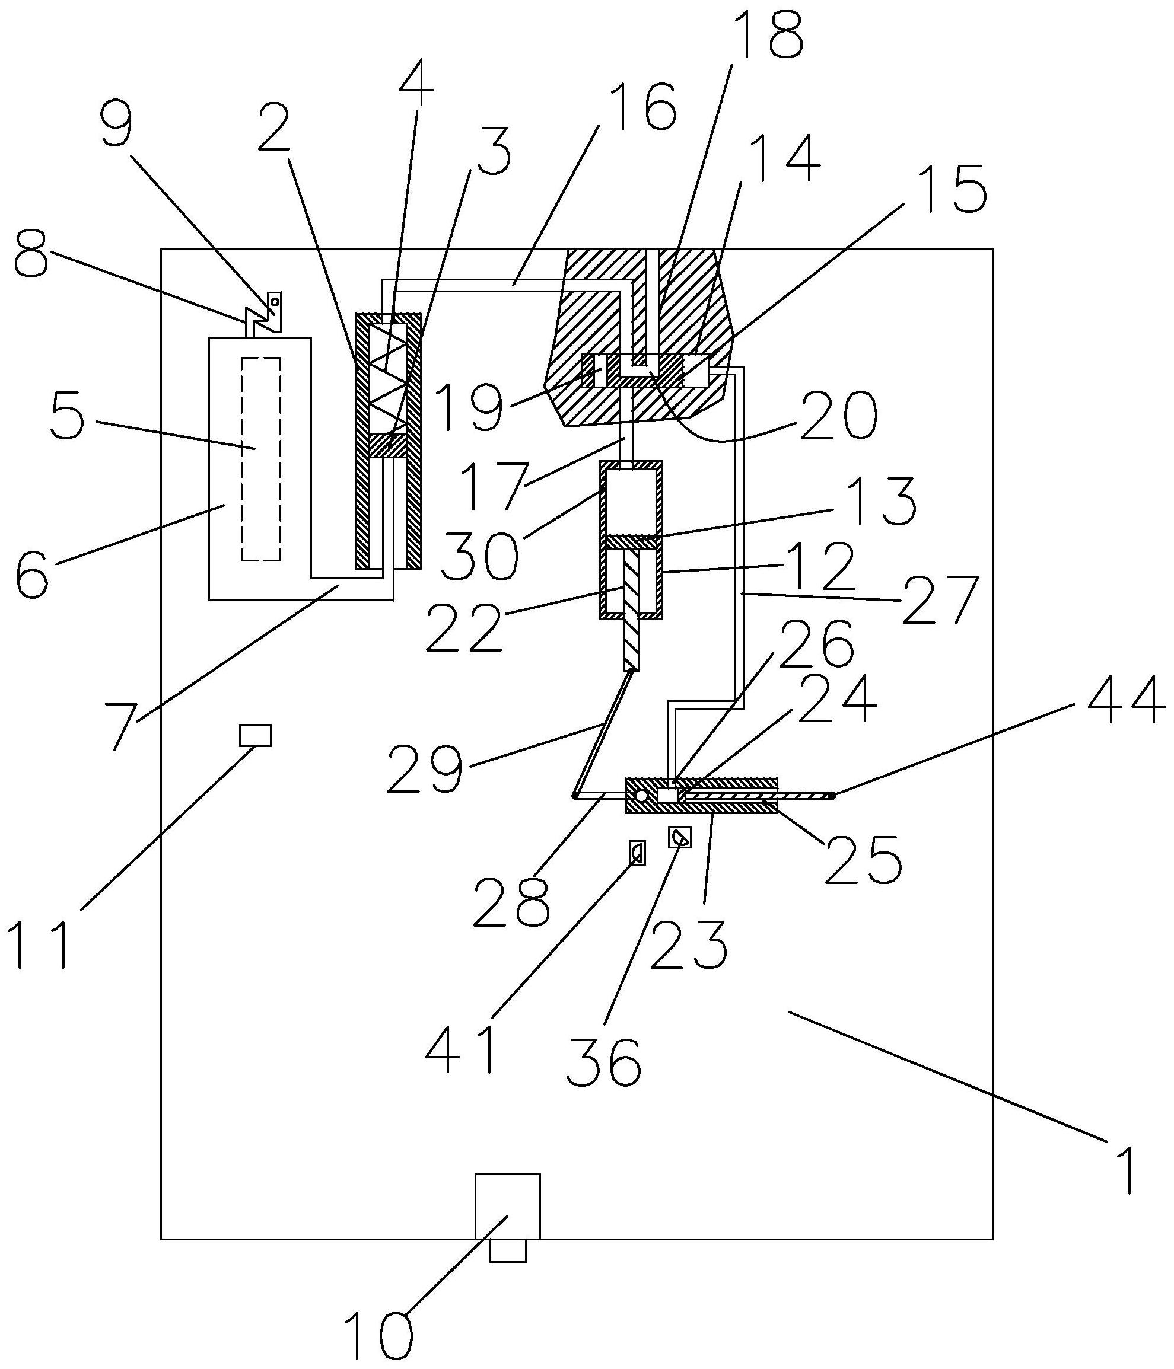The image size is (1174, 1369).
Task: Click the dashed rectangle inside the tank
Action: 261,459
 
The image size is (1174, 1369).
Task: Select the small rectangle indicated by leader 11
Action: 255,735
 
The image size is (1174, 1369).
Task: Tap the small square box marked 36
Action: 680,838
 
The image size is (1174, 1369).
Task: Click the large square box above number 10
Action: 508,1206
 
